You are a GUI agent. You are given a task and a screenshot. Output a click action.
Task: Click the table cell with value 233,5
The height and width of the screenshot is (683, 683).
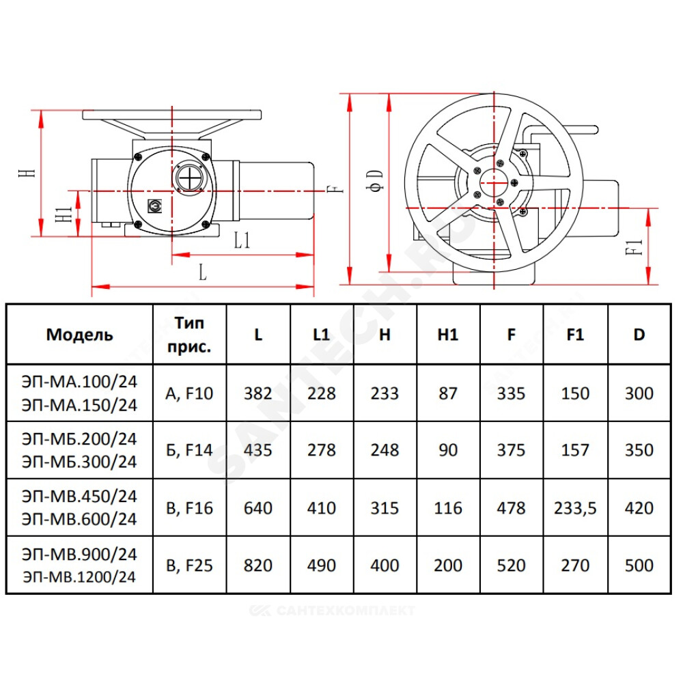575,508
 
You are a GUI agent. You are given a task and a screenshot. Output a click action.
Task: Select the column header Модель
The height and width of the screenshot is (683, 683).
80,335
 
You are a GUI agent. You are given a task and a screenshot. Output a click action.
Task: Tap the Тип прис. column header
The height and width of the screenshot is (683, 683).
189,335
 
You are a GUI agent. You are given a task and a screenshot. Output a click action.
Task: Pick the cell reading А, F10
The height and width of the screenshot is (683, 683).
189,394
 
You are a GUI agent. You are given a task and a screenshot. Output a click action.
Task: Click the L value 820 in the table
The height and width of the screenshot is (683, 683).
258,566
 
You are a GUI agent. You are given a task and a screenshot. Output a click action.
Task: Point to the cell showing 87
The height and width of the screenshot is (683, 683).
448,394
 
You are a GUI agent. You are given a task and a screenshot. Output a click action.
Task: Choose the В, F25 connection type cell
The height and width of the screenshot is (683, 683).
189,566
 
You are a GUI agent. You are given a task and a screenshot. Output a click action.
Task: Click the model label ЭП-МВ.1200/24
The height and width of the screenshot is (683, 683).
80,577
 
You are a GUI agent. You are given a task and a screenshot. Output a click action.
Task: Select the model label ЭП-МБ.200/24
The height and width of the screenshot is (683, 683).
80,439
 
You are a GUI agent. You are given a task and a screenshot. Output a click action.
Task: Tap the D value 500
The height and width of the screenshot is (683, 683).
639,566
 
